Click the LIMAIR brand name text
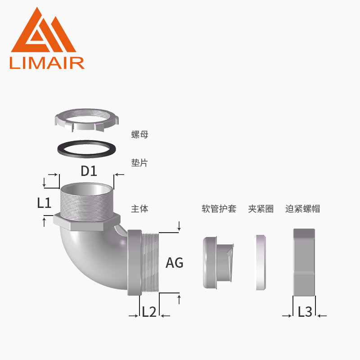(47, 63)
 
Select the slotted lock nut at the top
(87, 120)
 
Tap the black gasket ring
(86, 149)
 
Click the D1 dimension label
(89, 171)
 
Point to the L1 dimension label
(44, 203)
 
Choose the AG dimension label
(175, 263)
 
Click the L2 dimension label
(149, 312)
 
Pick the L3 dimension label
(305, 312)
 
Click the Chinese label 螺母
(140, 135)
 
